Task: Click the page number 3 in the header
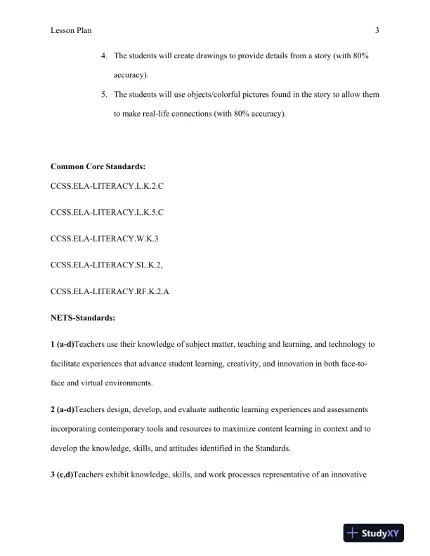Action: pyautogui.click(x=377, y=30)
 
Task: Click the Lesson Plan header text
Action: pyautogui.click(x=71, y=30)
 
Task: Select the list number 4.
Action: pyautogui.click(x=103, y=55)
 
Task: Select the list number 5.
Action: pyautogui.click(x=103, y=95)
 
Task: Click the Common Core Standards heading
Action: pyautogui.click(x=98, y=166)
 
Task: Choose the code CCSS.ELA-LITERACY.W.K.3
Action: pyautogui.click(x=105, y=238)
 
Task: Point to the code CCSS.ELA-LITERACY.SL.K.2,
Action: pyautogui.click(x=107, y=265)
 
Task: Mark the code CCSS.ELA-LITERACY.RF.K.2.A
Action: pyautogui.click(x=110, y=291)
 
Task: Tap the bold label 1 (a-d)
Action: pyautogui.click(x=63, y=345)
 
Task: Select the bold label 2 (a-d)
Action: pyautogui.click(x=63, y=406)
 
